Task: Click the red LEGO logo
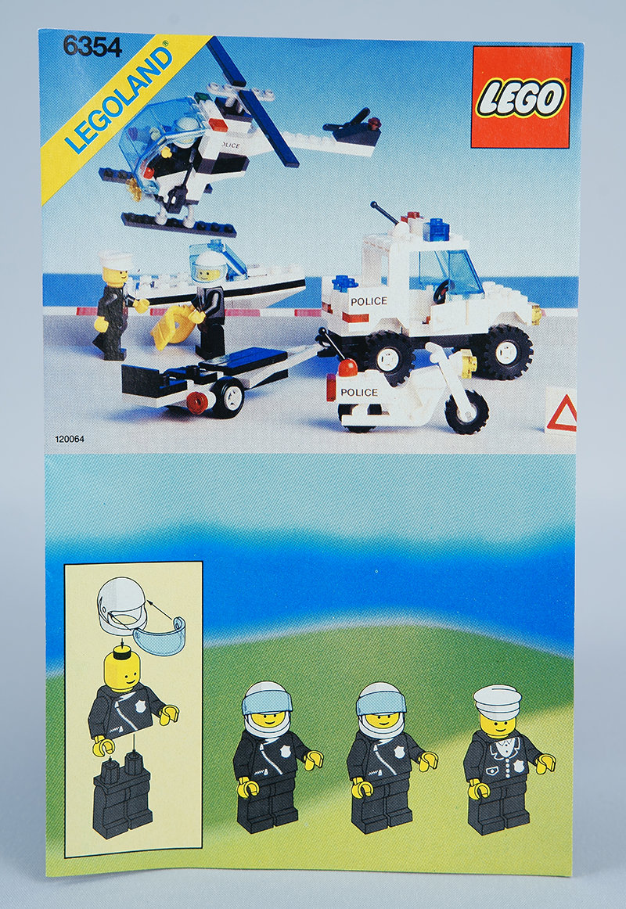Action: (x=521, y=97)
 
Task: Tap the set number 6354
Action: (x=93, y=47)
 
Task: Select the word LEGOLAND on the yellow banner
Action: (x=118, y=99)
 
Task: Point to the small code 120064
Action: (x=70, y=439)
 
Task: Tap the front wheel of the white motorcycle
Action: (x=467, y=412)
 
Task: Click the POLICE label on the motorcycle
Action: (x=359, y=393)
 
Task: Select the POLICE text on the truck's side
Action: (x=369, y=301)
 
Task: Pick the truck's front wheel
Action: (x=509, y=352)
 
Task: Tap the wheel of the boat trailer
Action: (x=228, y=397)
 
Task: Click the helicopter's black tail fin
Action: (x=354, y=130)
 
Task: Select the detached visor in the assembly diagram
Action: (x=159, y=635)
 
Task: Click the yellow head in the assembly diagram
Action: (x=122, y=670)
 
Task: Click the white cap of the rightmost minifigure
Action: (x=498, y=702)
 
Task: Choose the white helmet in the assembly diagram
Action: (x=122, y=604)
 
